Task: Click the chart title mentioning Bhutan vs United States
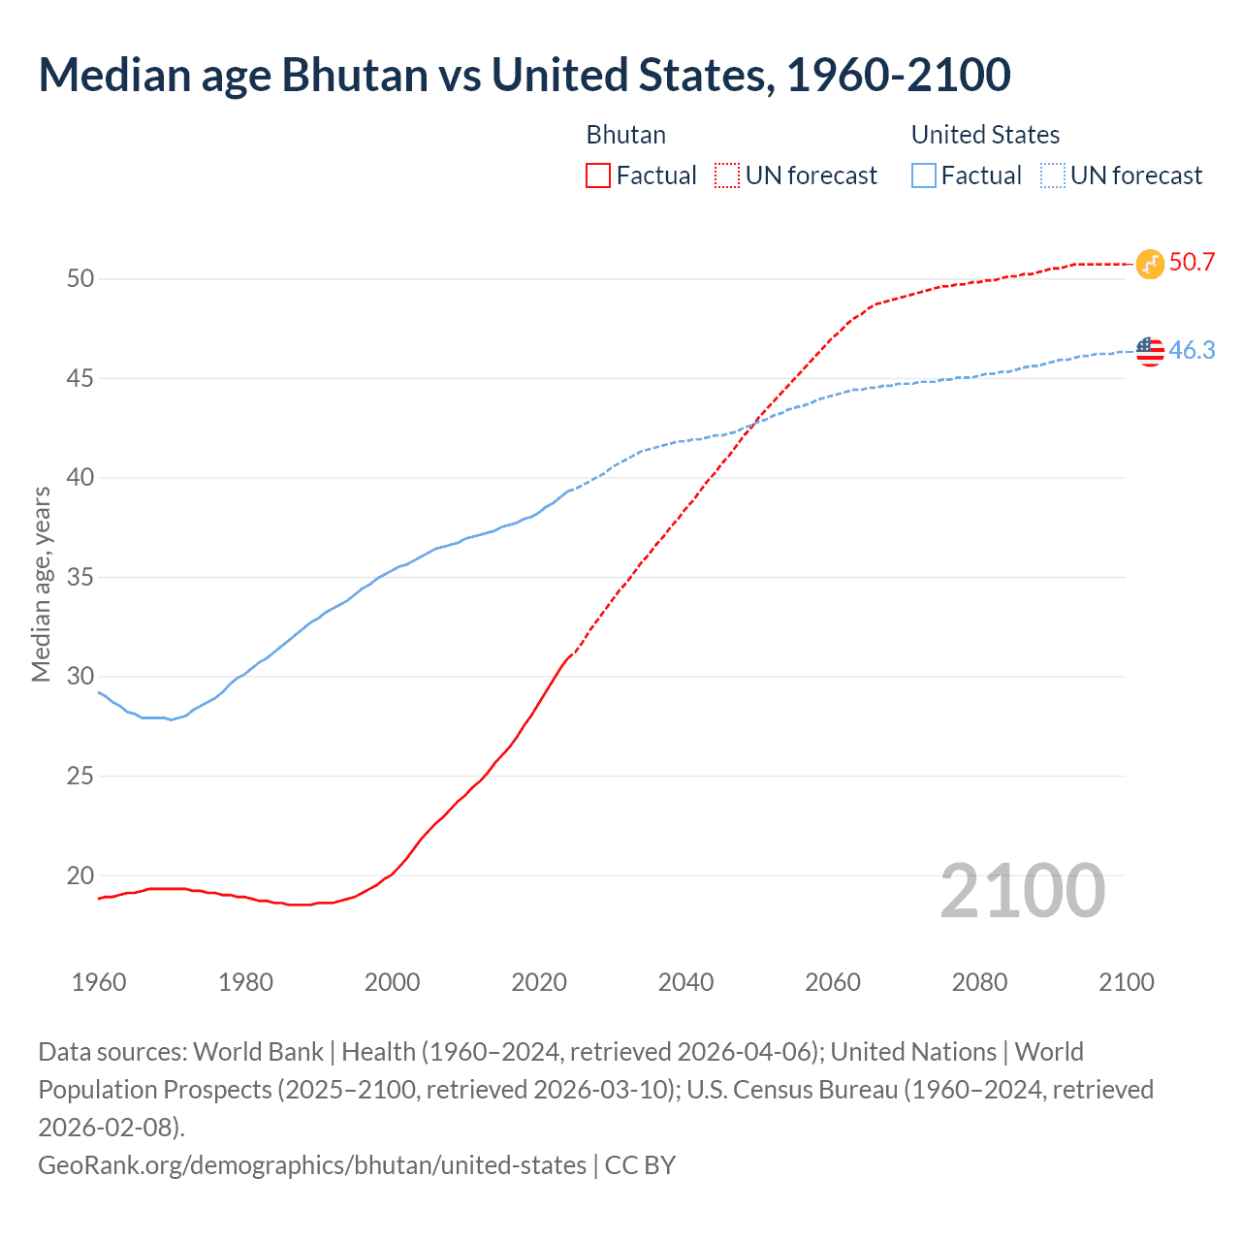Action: click(x=525, y=76)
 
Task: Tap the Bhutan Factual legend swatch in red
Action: click(x=598, y=175)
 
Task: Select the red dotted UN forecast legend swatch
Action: click(x=726, y=175)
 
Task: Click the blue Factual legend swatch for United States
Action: click(x=923, y=175)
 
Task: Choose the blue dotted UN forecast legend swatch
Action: click(x=1052, y=175)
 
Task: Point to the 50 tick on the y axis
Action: click(x=80, y=279)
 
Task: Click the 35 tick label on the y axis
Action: click(x=80, y=578)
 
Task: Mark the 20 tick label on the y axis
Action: click(x=80, y=875)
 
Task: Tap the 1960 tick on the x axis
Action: click(x=99, y=982)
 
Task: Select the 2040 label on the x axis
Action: click(x=685, y=982)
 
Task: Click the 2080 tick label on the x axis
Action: click(x=979, y=982)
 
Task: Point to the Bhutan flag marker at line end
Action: click(x=1150, y=264)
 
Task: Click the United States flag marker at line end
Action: click(x=1150, y=351)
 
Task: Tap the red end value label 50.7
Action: click(x=1192, y=263)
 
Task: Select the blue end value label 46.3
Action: click(x=1192, y=350)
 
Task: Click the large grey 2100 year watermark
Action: click(x=1022, y=891)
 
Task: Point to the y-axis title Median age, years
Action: click(x=41, y=585)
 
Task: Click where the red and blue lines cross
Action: click(x=752, y=423)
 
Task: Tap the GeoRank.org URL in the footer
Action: click(x=312, y=1164)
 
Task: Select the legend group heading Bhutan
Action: click(x=626, y=135)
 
